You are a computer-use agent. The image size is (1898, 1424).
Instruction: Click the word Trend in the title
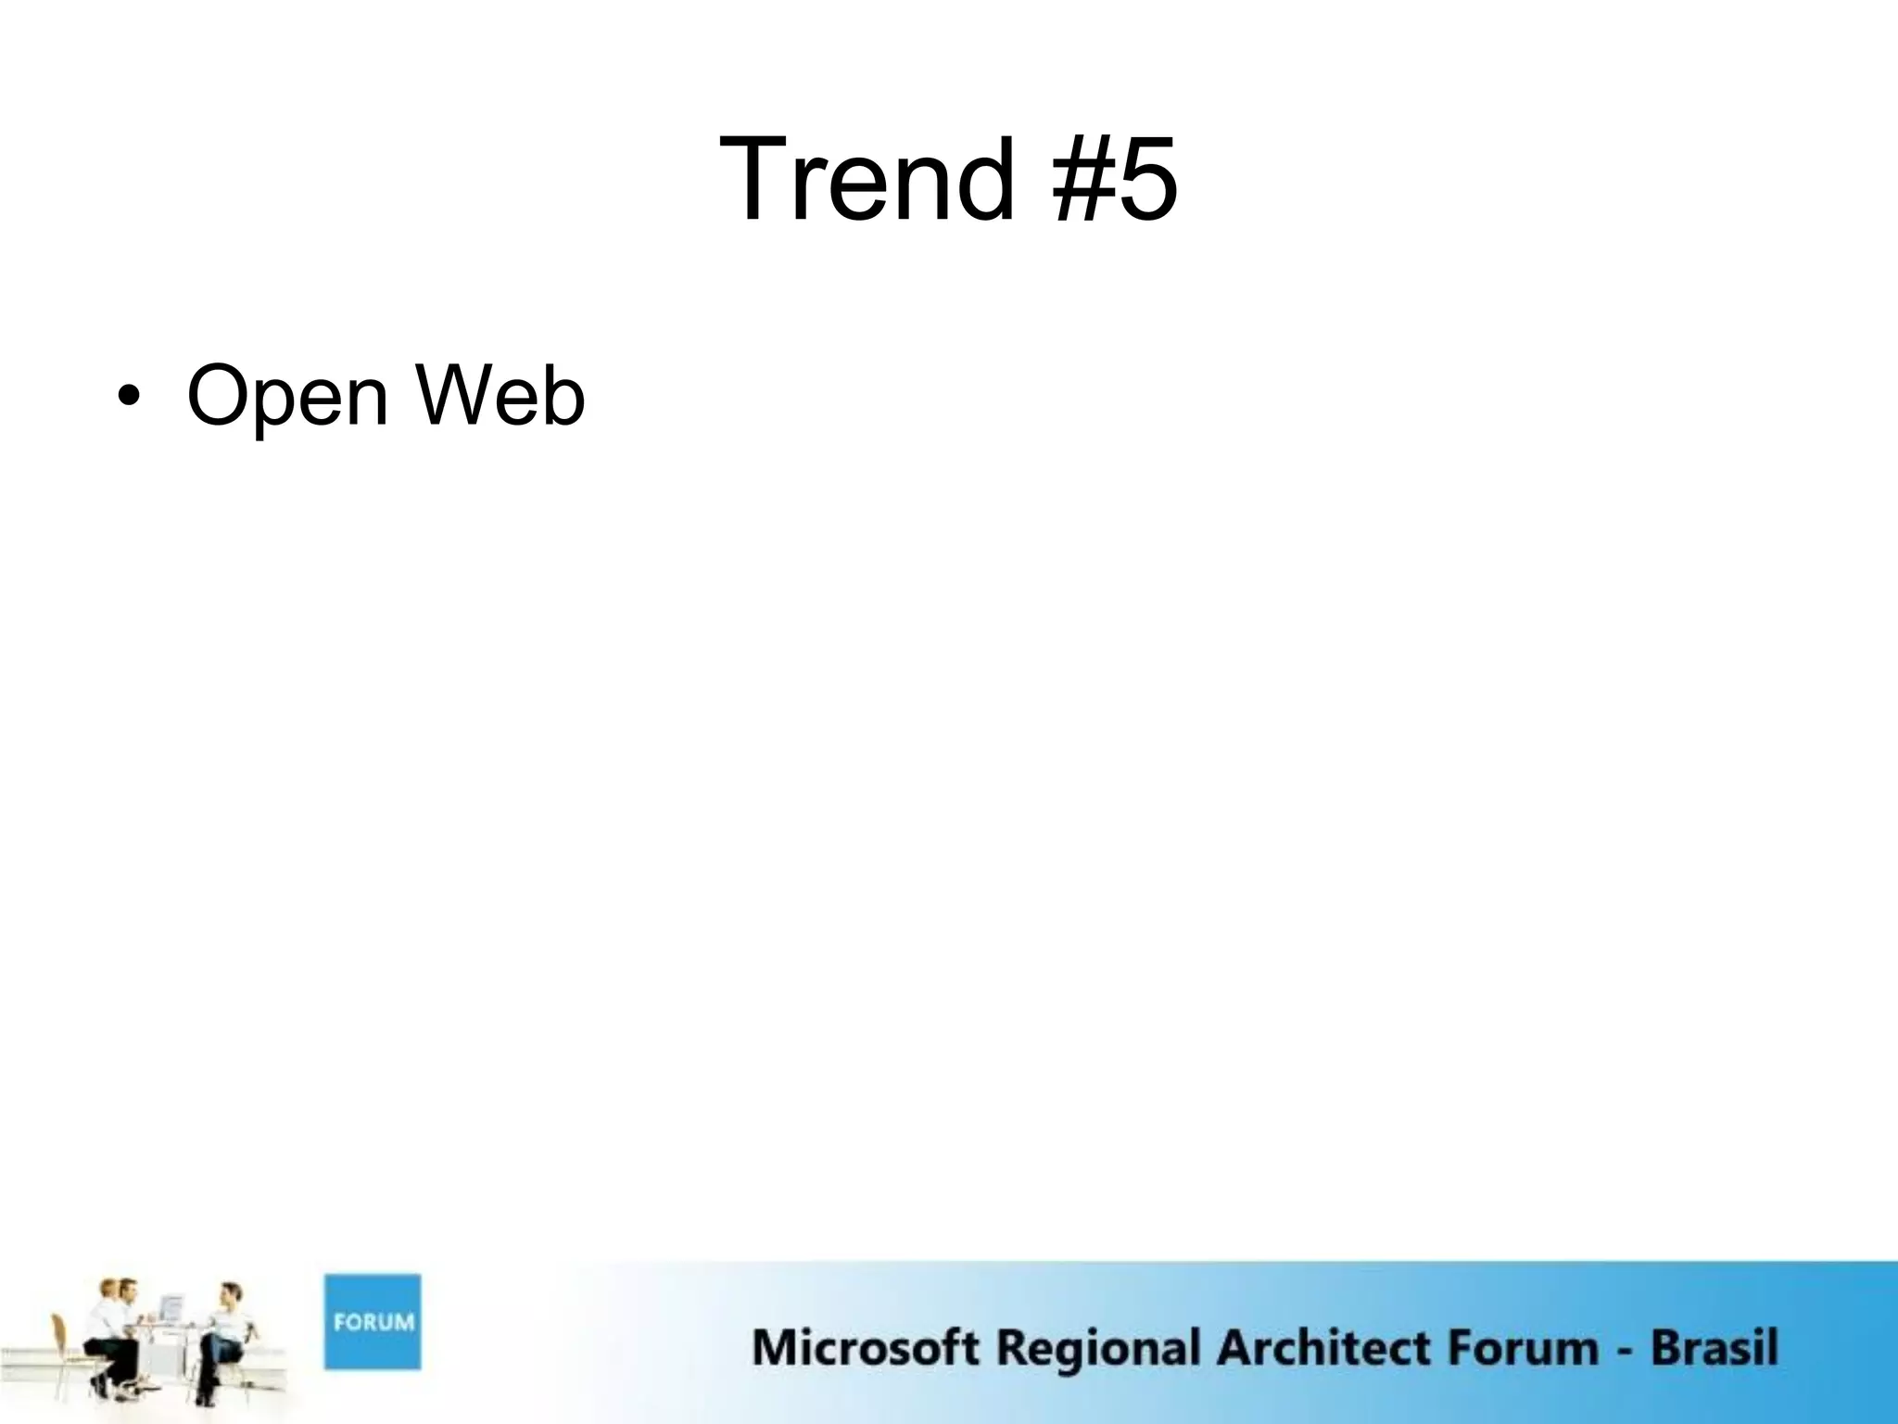point(867,179)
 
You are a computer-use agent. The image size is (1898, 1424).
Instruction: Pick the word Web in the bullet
point(500,397)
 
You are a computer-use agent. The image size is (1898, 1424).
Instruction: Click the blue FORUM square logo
point(372,1322)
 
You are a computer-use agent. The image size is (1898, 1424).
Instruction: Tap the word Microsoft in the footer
point(865,1347)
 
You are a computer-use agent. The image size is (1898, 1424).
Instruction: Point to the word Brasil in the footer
point(1714,1347)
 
